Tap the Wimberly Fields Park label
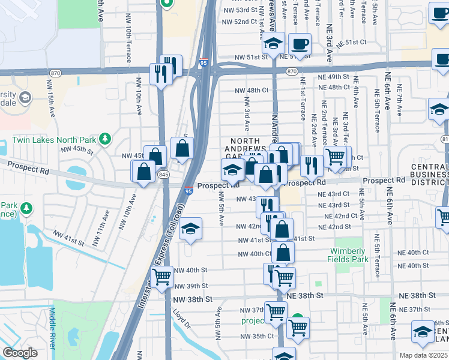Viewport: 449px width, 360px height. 346,255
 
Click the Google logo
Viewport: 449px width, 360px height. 20,353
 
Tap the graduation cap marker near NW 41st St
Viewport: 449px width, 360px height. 191,229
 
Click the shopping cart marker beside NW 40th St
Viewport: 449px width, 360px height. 161,277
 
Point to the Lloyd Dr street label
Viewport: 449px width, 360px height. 181,317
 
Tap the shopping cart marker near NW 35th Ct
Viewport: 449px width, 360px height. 298,327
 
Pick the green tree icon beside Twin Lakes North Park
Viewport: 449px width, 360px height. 106,139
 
